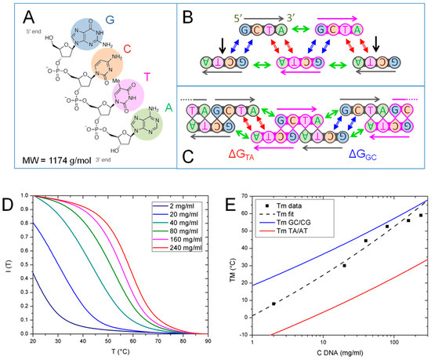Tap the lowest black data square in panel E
[273, 304]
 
